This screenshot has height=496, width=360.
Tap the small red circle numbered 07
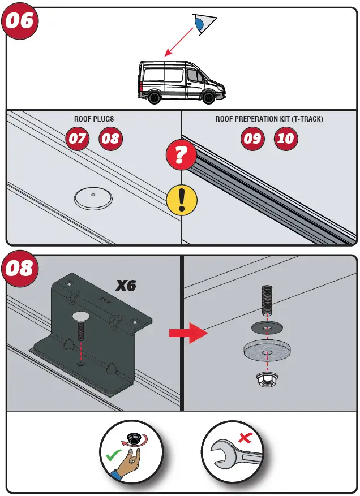coord(77,139)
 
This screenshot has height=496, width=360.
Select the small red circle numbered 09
coord(252,139)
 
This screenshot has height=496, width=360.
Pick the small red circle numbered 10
coord(286,139)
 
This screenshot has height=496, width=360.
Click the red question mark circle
coord(181,156)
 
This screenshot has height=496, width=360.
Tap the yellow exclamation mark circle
coord(181,200)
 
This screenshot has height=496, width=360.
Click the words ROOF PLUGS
coord(94,119)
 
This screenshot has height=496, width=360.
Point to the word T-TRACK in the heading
coord(313,119)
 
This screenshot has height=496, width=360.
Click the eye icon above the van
coord(202,23)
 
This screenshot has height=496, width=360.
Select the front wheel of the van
coord(208,98)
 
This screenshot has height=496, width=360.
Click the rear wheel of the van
coord(153,98)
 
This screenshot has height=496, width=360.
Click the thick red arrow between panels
coord(189,333)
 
